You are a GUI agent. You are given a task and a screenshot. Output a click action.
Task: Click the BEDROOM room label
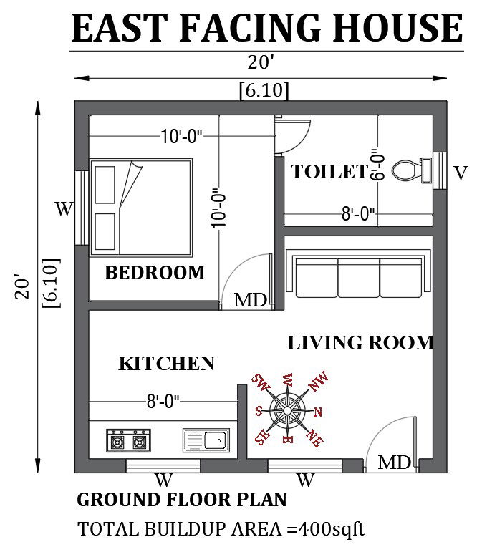(155, 273)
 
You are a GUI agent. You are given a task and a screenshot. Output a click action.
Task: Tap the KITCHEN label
(166, 364)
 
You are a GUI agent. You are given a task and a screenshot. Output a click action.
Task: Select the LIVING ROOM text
(360, 343)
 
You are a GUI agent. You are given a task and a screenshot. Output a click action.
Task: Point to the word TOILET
(329, 172)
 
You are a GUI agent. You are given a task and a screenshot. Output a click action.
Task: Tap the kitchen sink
(206, 440)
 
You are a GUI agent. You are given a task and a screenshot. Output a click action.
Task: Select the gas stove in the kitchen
(129, 440)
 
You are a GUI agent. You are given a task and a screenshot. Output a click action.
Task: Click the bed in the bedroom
(140, 207)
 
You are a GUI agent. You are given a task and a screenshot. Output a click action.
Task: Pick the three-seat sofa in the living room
(358, 273)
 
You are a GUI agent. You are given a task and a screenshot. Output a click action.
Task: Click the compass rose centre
(286, 410)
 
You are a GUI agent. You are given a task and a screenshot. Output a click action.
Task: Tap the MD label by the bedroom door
(251, 300)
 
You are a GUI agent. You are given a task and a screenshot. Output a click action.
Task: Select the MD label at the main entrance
(394, 463)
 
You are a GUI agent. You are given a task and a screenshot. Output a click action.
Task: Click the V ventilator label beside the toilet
(461, 173)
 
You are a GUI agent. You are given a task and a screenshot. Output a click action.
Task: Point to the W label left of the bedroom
(64, 209)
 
